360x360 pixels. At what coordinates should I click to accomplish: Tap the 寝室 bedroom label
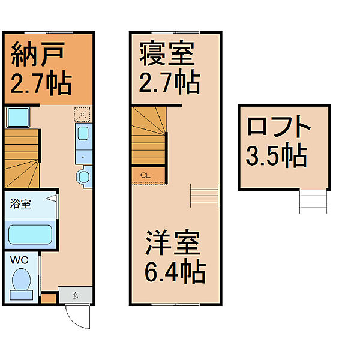click(167, 54)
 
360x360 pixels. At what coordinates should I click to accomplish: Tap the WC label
click(18, 261)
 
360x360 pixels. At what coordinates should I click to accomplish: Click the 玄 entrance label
click(76, 295)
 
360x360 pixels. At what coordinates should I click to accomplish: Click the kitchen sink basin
click(83, 133)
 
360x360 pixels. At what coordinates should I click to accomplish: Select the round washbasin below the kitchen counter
click(83, 176)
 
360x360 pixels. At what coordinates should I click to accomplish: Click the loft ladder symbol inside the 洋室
click(204, 195)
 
